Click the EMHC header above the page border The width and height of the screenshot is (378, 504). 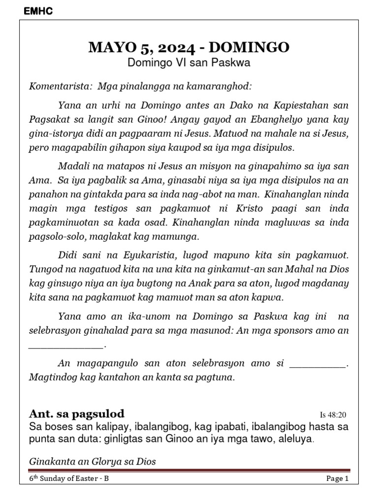click(38, 12)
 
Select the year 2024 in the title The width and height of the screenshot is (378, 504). click(167, 47)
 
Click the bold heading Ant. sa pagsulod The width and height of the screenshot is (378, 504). click(77, 413)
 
